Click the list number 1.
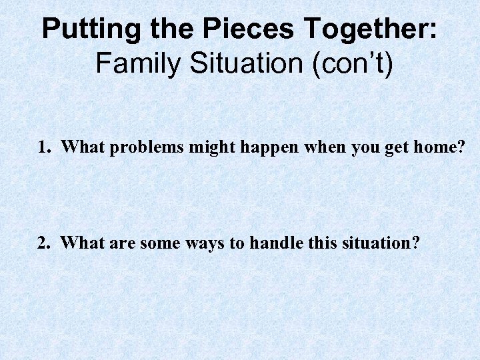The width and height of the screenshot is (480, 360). pos(43,148)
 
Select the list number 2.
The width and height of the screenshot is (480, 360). pos(43,243)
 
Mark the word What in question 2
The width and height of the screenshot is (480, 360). pos(81,243)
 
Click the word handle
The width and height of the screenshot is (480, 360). pos(273,243)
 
